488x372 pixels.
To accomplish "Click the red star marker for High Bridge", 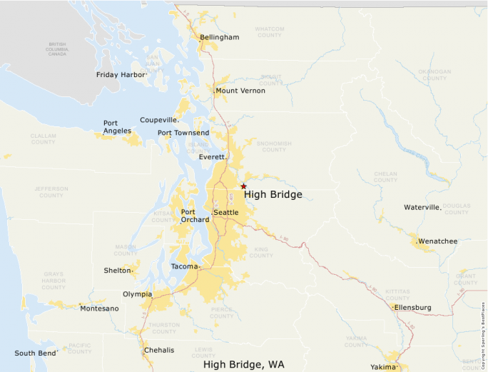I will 243,186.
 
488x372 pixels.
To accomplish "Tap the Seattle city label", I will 226,213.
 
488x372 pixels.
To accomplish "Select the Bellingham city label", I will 219,37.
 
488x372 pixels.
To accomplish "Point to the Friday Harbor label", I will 121,74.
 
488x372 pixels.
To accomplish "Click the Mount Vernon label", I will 240,91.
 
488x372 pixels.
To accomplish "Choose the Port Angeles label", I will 117,126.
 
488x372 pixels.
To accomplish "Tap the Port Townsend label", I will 183,133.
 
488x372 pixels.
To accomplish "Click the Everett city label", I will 212,156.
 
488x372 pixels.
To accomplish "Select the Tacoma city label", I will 185,266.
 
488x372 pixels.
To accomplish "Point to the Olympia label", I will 137,293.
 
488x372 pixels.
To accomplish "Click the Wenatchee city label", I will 437,241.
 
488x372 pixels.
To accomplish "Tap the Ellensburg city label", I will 413,308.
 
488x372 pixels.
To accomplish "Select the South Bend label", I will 35,353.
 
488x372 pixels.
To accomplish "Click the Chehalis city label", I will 158,350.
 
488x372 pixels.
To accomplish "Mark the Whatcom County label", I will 270,32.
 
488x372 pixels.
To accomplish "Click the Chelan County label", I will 385,176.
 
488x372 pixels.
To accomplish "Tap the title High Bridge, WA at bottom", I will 243,364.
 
